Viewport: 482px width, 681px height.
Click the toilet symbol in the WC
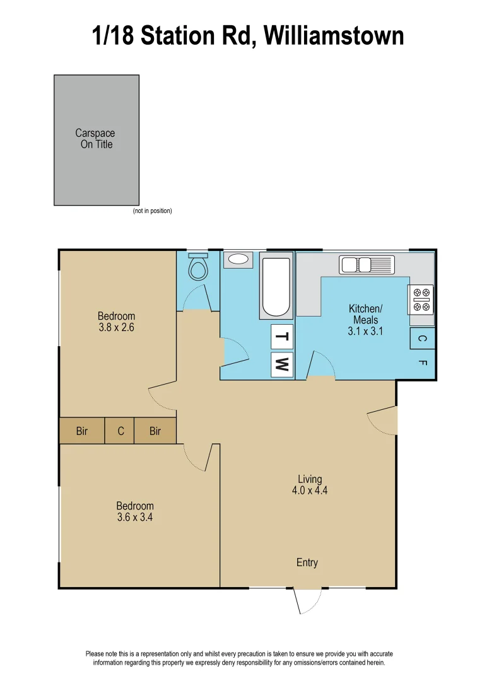[x=198, y=268]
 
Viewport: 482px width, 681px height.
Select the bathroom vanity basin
[x=238, y=259]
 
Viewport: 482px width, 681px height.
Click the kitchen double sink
[x=367, y=264]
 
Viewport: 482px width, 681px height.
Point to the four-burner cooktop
[x=421, y=300]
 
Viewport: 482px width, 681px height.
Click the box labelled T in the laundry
[x=282, y=337]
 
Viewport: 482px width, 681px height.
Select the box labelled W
[x=282, y=364]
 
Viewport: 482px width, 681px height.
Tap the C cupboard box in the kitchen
[x=422, y=339]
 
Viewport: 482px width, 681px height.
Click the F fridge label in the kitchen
[x=422, y=363]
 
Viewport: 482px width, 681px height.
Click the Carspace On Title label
[x=96, y=139]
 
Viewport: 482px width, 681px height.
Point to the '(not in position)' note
[x=152, y=211]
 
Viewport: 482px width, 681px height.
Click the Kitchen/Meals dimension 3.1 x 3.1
[x=365, y=331]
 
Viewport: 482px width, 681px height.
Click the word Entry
[x=307, y=562]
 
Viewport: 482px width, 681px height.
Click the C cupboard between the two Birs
[x=120, y=431]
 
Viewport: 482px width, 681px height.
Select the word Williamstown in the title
[x=334, y=35]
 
